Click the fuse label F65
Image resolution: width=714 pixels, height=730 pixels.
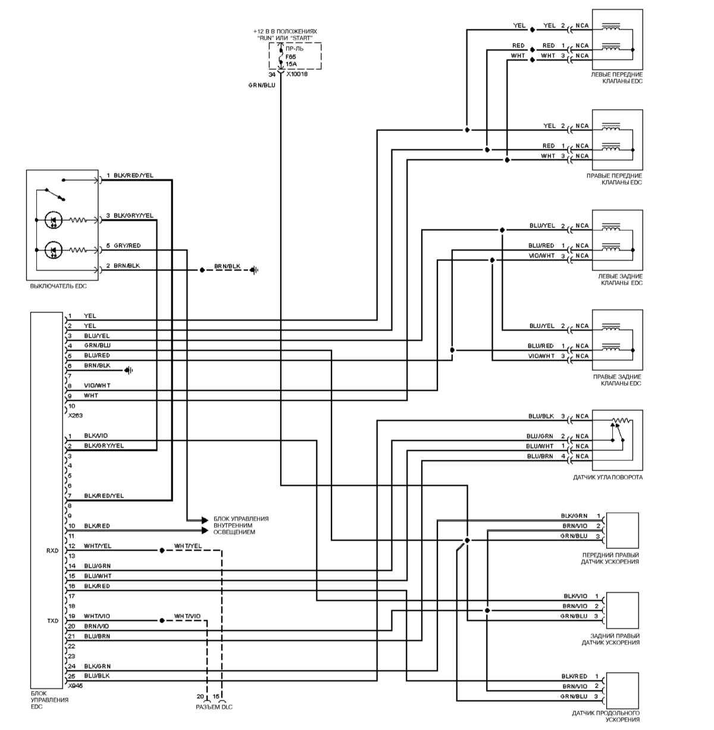291,56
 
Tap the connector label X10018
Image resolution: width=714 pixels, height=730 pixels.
297,75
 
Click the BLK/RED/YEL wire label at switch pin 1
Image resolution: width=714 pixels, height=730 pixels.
133,175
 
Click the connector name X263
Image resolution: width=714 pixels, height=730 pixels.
76,416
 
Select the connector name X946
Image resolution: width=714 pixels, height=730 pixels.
76,685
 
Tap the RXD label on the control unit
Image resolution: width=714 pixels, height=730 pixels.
52,550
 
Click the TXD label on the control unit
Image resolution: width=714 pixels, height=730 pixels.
52,621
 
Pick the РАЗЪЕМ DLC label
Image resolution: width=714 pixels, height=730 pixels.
214,707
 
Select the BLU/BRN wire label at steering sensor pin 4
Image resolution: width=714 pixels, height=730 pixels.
540,456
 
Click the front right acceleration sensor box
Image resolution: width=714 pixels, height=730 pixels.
622,530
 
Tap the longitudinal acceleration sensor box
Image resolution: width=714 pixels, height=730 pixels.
622,690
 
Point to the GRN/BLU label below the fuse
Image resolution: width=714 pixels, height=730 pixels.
262,86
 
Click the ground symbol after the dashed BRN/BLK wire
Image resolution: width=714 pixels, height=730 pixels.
255,270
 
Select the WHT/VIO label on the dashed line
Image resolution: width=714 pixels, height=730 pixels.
187,616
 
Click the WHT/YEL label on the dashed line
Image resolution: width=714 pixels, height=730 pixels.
188,546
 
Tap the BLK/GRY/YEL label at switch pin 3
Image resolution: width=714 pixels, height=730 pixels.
133,215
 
